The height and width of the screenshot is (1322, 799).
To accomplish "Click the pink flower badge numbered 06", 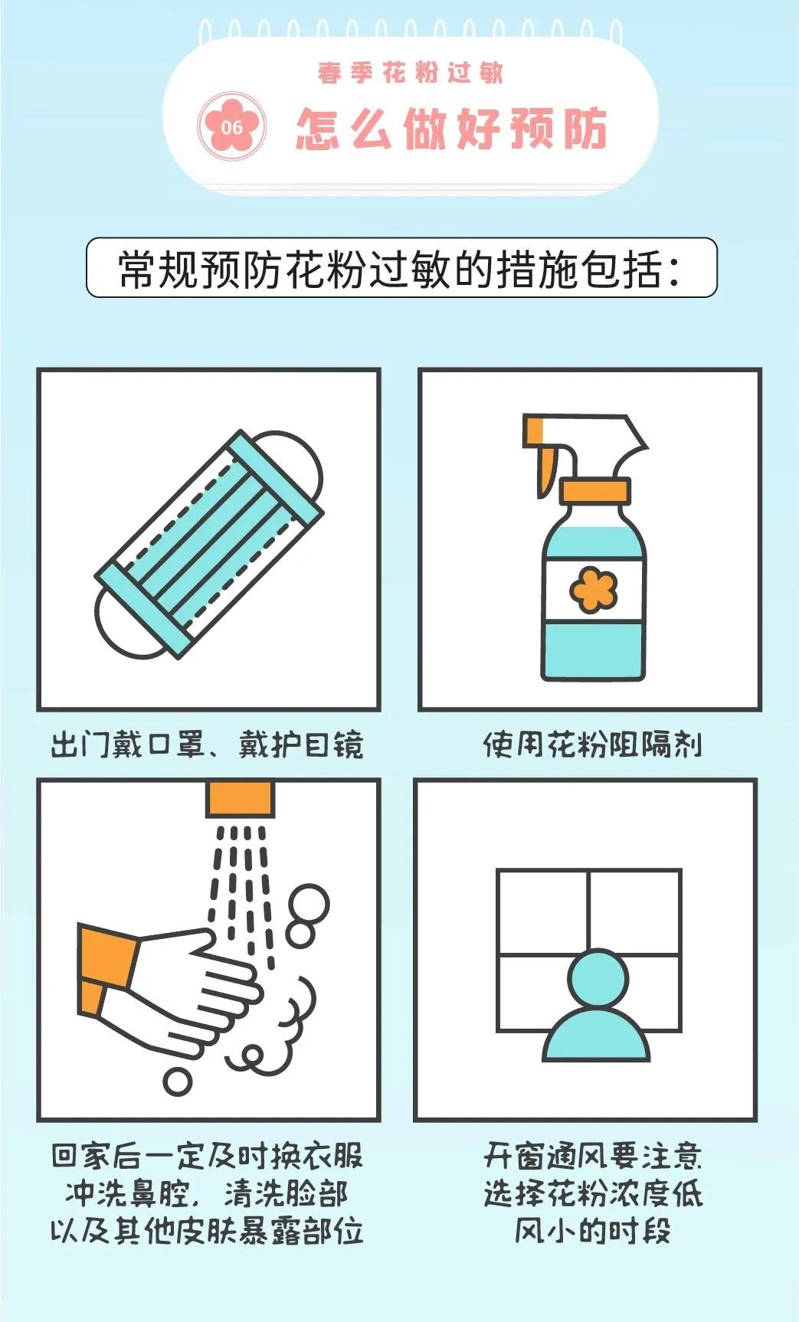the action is pyautogui.click(x=232, y=126).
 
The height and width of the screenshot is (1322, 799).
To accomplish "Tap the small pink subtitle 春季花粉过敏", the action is pyautogui.click(x=411, y=73).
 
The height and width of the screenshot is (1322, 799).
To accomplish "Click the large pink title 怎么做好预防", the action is pyautogui.click(x=452, y=128).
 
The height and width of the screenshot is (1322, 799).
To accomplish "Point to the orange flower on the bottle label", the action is pyautogui.click(x=593, y=588).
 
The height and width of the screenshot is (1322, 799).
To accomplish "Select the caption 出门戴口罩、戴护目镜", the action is pyautogui.click(x=207, y=744).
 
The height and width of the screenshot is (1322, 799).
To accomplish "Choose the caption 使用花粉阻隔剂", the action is pyautogui.click(x=592, y=744).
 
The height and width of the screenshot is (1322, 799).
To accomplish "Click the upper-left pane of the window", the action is pyautogui.click(x=543, y=912).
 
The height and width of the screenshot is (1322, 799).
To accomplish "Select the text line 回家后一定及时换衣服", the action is pyautogui.click(x=207, y=1157).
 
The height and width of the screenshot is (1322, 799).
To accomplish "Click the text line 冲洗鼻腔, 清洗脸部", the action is pyautogui.click(x=207, y=1194).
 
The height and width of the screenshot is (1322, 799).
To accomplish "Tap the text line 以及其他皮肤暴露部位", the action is pyautogui.click(x=207, y=1232).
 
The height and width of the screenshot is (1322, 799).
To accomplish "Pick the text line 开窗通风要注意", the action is pyautogui.click(x=592, y=1157).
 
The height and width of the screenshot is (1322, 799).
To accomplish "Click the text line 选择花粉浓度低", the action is pyautogui.click(x=592, y=1194).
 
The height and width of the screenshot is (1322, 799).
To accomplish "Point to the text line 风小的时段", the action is pyautogui.click(x=592, y=1232).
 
